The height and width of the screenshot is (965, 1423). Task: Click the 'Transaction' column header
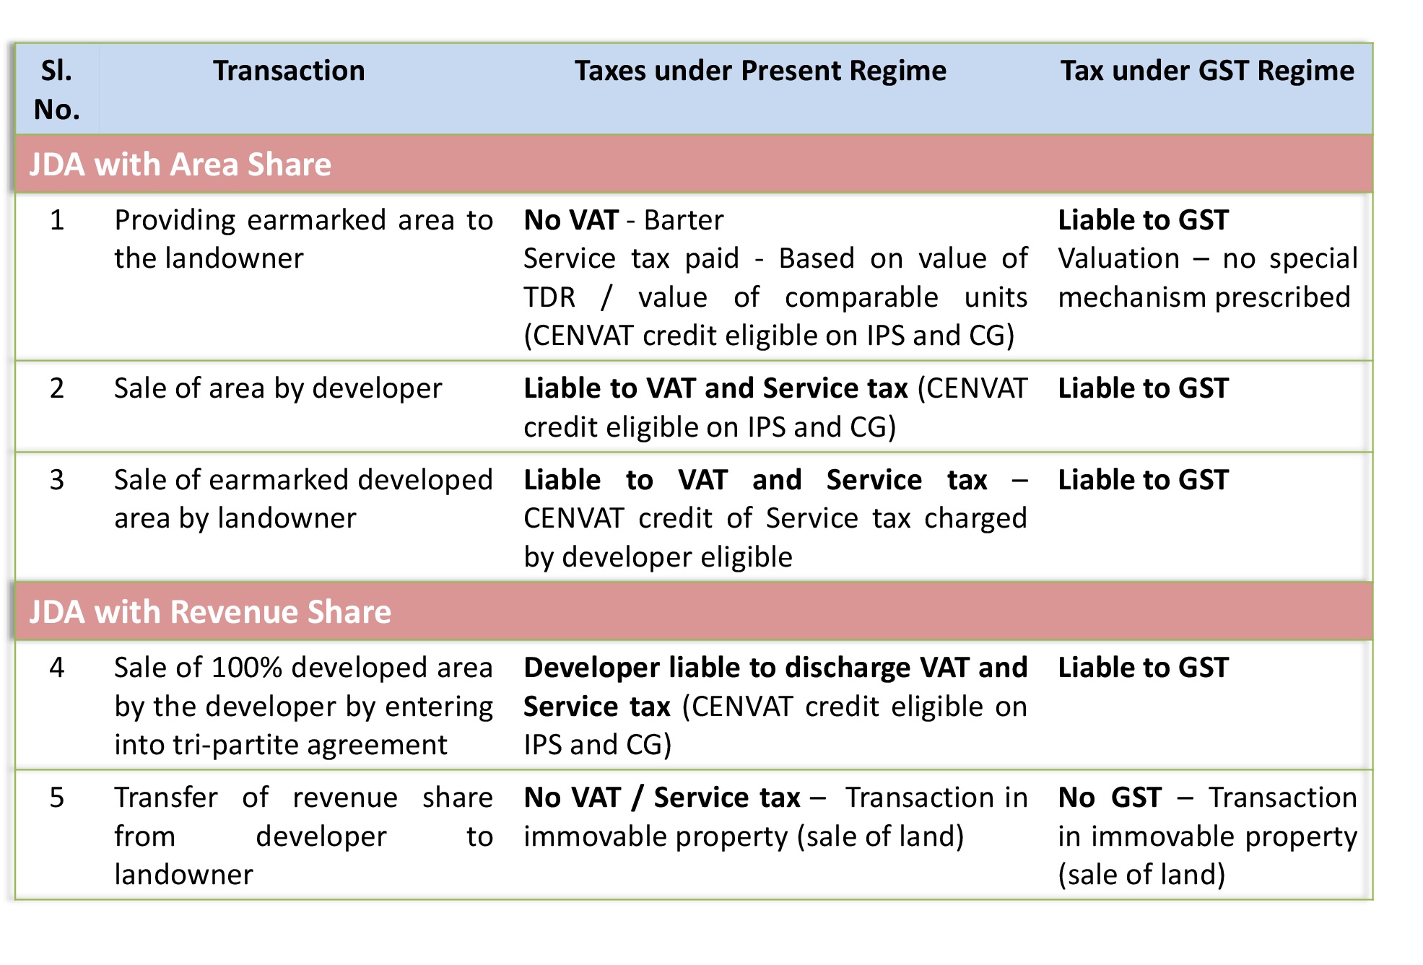coord(289,71)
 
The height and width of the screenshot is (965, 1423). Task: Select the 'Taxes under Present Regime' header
coord(760,71)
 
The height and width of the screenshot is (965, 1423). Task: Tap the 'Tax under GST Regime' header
coord(1207,71)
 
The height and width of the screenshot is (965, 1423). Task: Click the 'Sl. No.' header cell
coord(56,89)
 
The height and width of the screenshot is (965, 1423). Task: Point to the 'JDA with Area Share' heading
coord(180,165)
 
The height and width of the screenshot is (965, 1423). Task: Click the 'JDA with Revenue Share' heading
coord(210,612)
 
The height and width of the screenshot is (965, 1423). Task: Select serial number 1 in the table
coord(57,220)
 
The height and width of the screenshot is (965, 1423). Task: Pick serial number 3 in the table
coord(57,480)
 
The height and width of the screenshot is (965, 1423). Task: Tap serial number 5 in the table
coord(57,798)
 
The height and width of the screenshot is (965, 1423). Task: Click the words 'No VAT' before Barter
coord(571,220)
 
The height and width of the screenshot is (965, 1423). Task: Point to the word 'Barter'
coord(684,220)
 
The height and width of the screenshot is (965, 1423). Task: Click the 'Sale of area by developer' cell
coord(278,388)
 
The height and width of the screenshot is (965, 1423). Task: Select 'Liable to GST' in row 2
coord(1143,388)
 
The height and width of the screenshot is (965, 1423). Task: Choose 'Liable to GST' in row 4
coord(1143,668)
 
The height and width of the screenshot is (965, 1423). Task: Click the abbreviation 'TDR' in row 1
coord(549,297)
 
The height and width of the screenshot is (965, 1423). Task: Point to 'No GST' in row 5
coord(1110,798)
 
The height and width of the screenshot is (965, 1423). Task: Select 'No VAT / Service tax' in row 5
coord(662,798)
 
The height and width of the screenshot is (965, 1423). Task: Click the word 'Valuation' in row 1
coord(1118,258)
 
